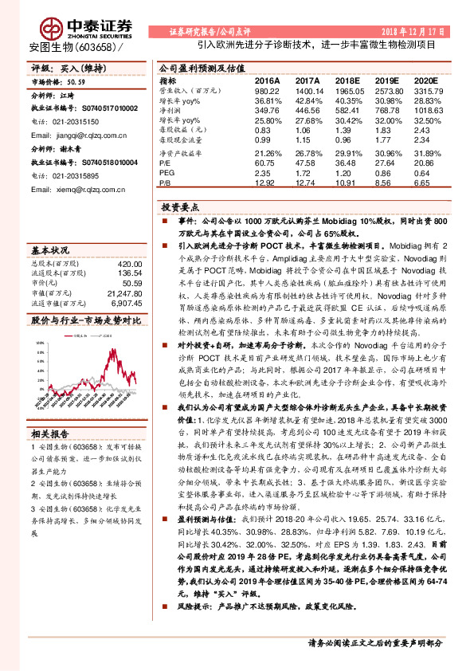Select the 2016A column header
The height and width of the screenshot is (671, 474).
[267, 81]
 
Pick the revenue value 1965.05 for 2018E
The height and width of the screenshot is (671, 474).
[347, 92]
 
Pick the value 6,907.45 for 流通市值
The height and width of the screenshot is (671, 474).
[124, 302]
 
